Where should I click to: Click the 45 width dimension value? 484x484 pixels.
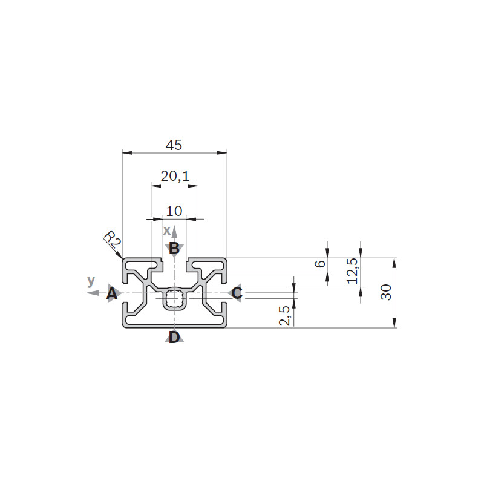click(174, 145)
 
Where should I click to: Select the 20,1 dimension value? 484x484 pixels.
click(175, 176)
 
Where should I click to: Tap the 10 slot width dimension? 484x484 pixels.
click(174, 211)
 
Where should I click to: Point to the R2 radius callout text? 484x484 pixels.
click(112, 240)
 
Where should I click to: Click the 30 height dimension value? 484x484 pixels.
click(386, 292)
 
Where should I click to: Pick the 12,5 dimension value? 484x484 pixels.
click(353, 270)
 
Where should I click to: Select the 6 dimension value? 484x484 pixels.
click(321, 264)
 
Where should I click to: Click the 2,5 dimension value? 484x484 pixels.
click(284, 316)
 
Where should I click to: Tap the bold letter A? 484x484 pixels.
click(112, 294)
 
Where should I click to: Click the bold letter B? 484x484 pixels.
click(174, 248)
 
